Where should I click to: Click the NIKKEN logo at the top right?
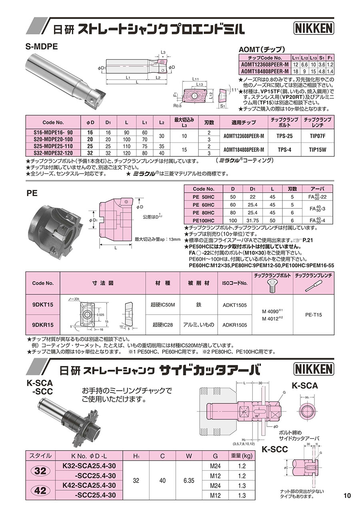click(313, 28)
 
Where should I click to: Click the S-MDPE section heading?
click(42, 46)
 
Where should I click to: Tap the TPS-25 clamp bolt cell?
click(284, 136)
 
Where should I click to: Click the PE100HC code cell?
click(204, 220)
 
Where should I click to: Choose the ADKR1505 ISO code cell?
click(234, 325)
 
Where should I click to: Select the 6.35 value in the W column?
click(189, 480)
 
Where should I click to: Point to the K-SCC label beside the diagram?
click(275, 449)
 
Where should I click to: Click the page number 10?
click(347, 496)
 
